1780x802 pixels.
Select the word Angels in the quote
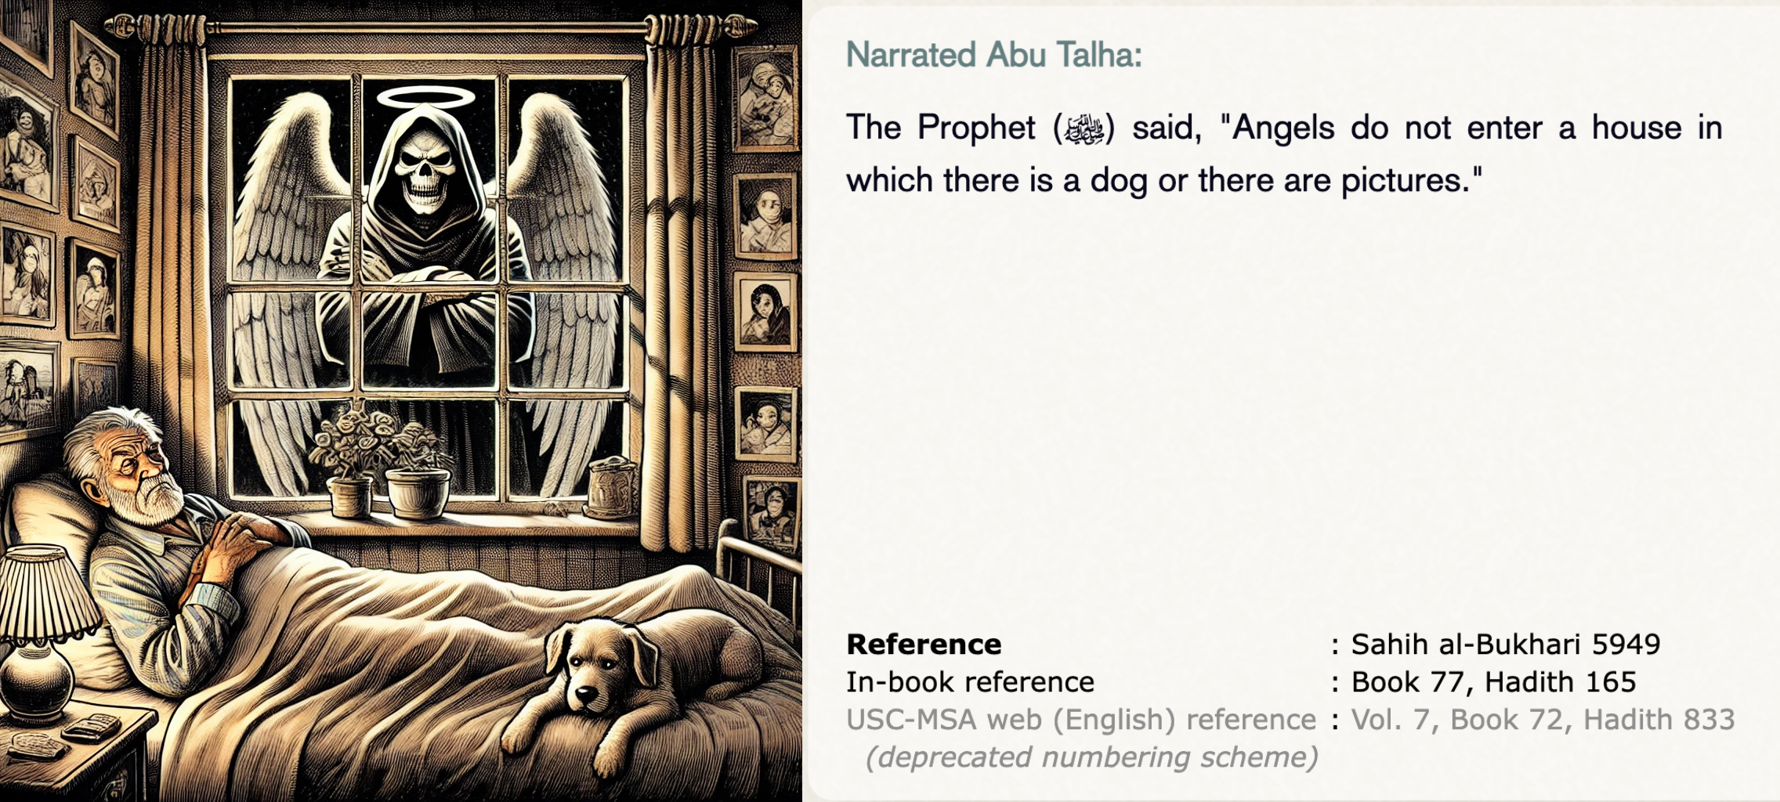1283,128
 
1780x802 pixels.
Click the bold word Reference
924,645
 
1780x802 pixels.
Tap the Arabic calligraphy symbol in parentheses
1084,129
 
